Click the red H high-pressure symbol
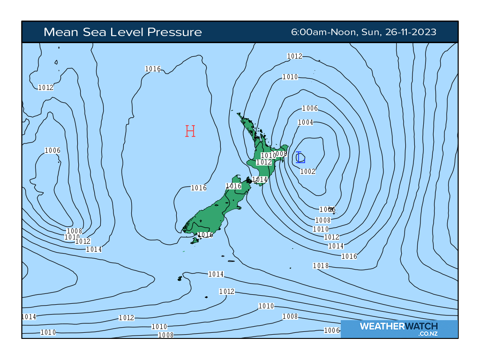tap(190, 131)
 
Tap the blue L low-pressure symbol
tap(300, 157)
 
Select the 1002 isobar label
tap(308, 172)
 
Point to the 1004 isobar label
tap(306, 122)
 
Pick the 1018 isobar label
tap(321, 266)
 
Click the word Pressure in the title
tap(174, 32)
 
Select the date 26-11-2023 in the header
tap(411, 32)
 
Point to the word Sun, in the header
tap(372, 32)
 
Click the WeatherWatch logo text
tap(399, 326)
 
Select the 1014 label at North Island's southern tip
tap(260, 180)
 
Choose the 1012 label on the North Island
tap(264, 162)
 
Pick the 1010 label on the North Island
tap(268, 155)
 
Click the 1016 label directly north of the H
tap(153, 69)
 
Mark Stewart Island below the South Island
tap(195, 240)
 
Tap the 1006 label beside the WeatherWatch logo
tap(332, 330)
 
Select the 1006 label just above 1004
tap(310, 108)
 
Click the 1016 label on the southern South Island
tap(206, 234)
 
